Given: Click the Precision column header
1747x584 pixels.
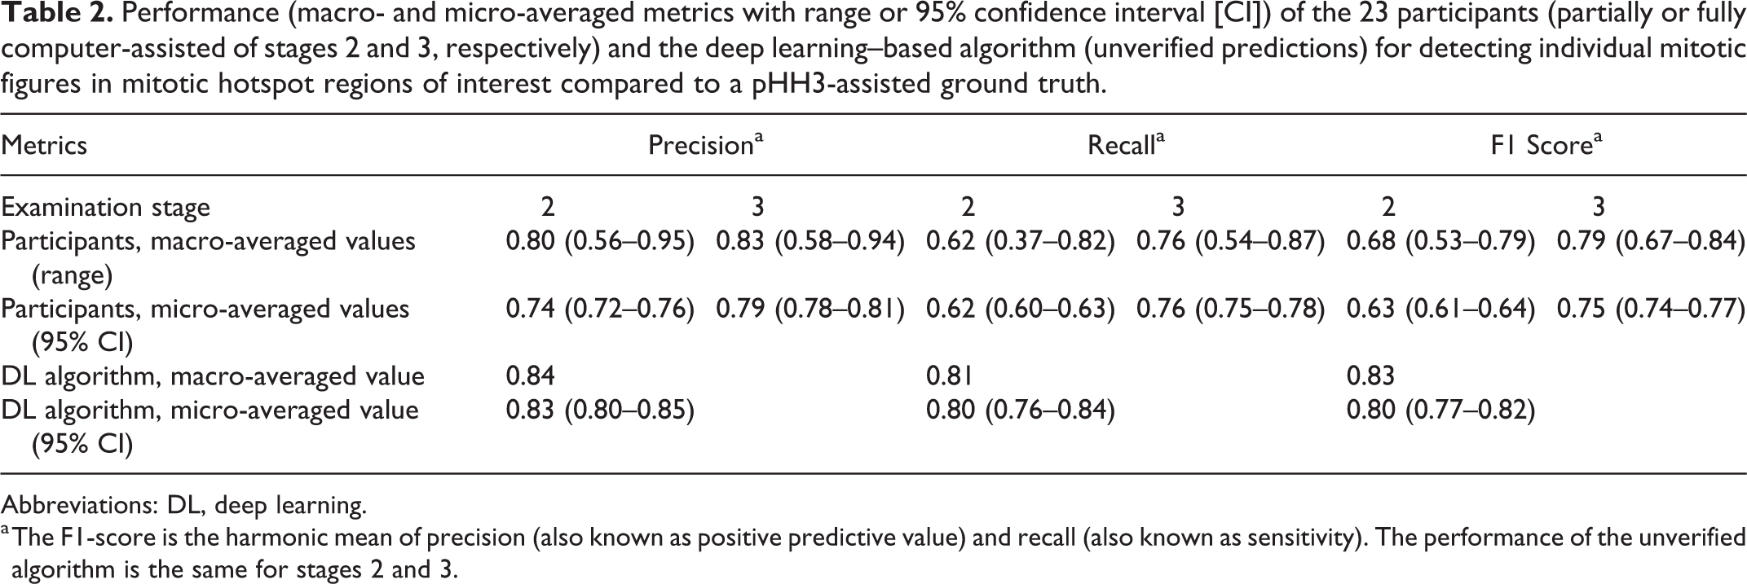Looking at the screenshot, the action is pyautogui.click(x=705, y=144).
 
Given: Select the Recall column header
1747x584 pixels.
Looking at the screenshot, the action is pyautogui.click(x=1126, y=144).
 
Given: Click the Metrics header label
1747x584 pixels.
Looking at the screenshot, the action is pyautogui.click(x=44, y=145).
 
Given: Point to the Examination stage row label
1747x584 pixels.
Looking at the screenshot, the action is pyautogui.click(x=105, y=208).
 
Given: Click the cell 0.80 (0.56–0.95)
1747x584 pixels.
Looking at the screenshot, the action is pyautogui.click(x=600, y=241).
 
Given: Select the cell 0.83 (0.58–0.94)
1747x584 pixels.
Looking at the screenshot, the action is pyautogui.click(x=810, y=241).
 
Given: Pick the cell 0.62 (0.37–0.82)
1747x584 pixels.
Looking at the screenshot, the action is pyautogui.click(x=1021, y=241).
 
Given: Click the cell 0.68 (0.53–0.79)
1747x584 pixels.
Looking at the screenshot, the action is pyautogui.click(x=1441, y=241).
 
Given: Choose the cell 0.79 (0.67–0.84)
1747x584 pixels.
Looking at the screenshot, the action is pyautogui.click(x=1652, y=241).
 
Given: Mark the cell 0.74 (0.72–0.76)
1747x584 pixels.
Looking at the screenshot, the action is pyautogui.click(x=600, y=309).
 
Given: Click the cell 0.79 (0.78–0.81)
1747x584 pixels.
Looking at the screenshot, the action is pyautogui.click(x=810, y=309).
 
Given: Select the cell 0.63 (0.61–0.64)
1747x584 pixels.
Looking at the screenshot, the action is pyautogui.click(x=1441, y=309).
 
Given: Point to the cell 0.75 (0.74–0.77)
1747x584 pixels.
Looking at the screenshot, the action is pyautogui.click(x=1652, y=309).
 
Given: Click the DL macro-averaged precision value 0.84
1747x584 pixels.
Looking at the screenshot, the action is pyautogui.click(x=531, y=376).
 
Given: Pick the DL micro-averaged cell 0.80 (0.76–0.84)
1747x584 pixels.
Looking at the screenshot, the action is pyautogui.click(x=1021, y=410).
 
